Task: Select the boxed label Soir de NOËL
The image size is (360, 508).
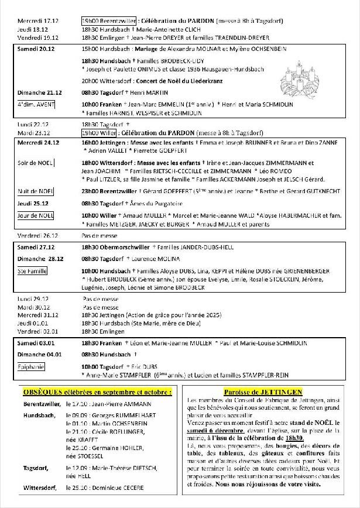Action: coord(36,163)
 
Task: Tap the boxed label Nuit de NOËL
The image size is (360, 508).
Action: coord(36,191)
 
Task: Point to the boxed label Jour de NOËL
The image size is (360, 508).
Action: coord(36,215)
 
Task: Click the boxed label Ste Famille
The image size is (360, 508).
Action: coord(32,271)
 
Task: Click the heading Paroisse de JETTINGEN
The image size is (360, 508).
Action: coord(270,391)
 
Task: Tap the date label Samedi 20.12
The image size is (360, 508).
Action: coord(35,49)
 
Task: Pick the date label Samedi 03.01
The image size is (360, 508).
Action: coord(35,343)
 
